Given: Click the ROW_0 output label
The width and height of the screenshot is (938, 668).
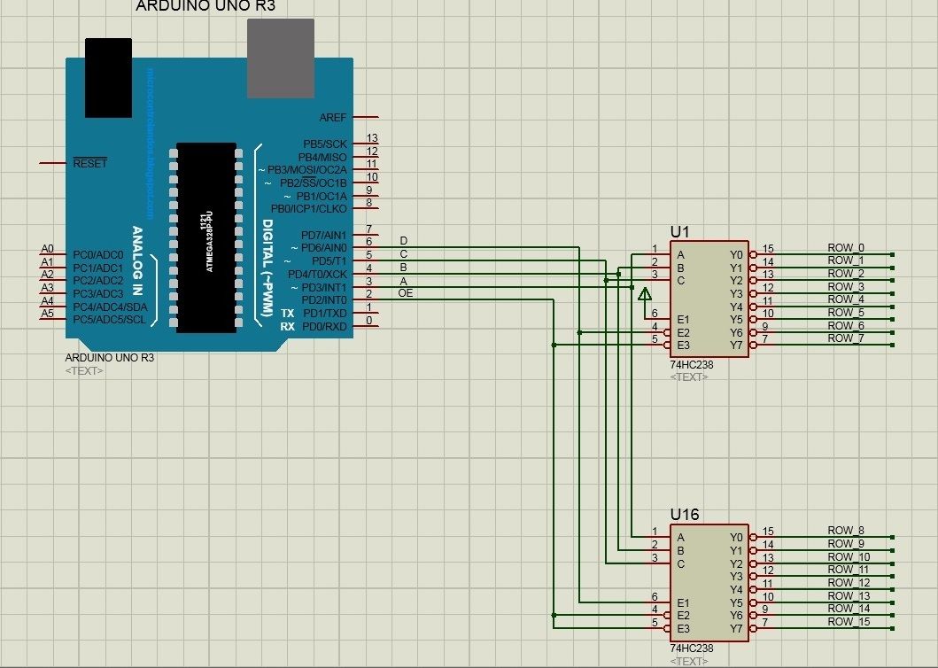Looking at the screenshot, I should click(x=845, y=248).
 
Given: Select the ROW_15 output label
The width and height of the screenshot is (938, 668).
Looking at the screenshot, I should click(x=849, y=622).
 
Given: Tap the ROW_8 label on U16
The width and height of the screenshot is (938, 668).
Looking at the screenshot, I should click(x=845, y=532).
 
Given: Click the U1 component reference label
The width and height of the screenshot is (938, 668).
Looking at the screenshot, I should click(x=679, y=231).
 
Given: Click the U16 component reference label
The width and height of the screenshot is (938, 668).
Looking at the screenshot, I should click(x=685, y=515).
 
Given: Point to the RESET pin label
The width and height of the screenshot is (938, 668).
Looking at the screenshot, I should click(x=89, y=163).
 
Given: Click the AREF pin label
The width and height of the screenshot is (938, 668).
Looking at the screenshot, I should click(x=333, y=117).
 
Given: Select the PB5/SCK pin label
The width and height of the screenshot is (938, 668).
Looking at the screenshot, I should click(x=323, y=144).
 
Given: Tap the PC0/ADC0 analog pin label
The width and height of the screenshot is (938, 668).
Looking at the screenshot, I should click(x=98, y=255).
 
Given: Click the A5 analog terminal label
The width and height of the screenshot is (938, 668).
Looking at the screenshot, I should click(x=48, y=314).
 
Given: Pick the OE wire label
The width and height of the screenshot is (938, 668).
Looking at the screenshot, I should click(x=406, y=292).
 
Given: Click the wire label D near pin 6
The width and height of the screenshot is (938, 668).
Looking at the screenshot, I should click(x=404, y=241).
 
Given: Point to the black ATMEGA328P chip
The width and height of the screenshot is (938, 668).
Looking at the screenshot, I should click(x=205, y=237).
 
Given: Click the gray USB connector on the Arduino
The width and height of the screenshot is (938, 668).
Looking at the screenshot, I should click(x=280, y=58).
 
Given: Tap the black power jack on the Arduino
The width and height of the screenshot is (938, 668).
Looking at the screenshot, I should click(x=109, y=78).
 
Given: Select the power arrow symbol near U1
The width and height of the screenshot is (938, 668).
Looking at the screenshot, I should click(x=644, y=294).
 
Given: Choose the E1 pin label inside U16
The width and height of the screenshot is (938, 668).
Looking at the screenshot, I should click(x=682, y=602).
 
